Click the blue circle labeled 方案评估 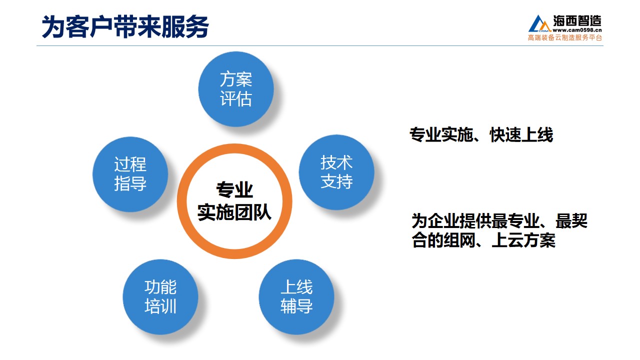point(236,89)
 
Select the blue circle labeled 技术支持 point(336,172)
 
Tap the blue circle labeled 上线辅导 point(296,297)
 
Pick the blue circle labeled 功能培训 point(160,297)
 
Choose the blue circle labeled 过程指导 point(130,174)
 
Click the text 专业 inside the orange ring point(234,189)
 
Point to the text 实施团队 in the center point(234,212)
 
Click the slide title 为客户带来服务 point(125,26)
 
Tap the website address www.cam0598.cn point(577,30)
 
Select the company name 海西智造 point(577,20)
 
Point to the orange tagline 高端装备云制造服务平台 point(565,37)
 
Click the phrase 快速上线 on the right point(521,134)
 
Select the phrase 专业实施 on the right point(441,134)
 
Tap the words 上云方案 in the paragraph point(523,240)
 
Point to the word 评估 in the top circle point(236,99)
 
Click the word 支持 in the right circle point(336,181)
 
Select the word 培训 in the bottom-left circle point(160,306)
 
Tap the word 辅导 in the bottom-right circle point(296,306)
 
